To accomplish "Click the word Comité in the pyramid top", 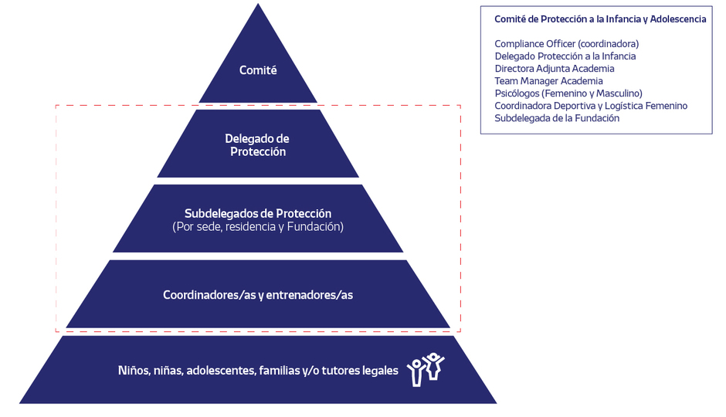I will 258,70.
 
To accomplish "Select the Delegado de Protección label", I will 257,145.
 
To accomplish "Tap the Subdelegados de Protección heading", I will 258,213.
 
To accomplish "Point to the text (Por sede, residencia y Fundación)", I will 258,227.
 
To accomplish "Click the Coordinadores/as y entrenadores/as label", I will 258,295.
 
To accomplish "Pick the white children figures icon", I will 426,369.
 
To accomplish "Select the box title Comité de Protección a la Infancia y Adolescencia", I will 600,19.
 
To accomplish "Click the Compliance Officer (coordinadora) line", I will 566,44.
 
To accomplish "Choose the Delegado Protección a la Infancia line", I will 565,56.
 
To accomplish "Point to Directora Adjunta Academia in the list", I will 555,69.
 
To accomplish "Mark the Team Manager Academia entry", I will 548,81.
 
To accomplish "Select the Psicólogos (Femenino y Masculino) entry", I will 568,93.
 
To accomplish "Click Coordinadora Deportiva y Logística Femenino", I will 591,106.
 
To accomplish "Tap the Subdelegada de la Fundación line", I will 557,118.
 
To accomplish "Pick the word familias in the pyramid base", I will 279,371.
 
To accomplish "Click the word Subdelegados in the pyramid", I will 218,213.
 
